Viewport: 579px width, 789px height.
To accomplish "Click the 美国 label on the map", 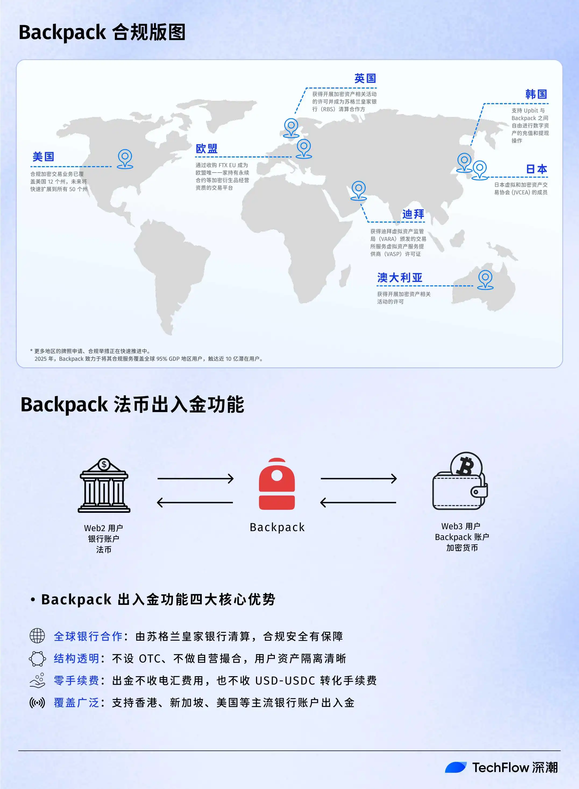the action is [44, 157].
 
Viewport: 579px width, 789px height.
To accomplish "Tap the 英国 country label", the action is [365, 78].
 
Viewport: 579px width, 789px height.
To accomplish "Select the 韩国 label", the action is [536, 94].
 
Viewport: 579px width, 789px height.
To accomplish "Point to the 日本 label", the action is [537, 169].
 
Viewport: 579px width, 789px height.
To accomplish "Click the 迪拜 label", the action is [413, 214].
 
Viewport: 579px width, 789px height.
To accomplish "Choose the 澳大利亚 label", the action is [400, 278].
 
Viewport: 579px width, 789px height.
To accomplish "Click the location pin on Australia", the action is [485, 280].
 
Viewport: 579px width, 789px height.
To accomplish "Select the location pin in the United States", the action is [125, 159].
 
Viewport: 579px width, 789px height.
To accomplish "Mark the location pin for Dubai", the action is [358, 191].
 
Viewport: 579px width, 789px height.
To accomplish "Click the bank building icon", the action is [104, 485].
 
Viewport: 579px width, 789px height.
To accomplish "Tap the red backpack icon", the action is [277, 484].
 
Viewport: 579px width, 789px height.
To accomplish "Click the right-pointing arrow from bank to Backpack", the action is [196, 479].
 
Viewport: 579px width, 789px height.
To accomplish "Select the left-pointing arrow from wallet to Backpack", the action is [358, 502].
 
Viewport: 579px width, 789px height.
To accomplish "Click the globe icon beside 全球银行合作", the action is [37, 636].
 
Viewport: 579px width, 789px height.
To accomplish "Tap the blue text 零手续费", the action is [76, 680].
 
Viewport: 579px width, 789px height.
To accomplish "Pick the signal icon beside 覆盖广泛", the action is [37, 703].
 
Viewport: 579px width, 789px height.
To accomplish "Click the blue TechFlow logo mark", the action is [456, 767].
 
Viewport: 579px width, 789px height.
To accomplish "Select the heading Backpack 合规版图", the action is [102, 32].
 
